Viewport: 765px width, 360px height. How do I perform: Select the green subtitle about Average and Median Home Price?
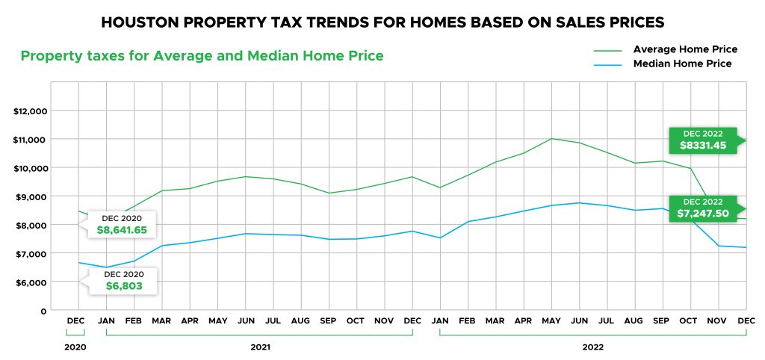[202, 56]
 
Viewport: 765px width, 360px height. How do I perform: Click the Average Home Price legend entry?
[685, 49]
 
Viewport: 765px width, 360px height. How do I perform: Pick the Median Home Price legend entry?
[682, 64]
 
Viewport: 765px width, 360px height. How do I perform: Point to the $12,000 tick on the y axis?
[31, 111]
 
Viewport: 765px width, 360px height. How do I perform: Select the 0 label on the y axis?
[44, 311]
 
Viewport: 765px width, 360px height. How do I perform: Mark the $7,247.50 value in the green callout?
[701, 214]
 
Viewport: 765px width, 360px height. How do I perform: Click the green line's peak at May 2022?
[551, 138]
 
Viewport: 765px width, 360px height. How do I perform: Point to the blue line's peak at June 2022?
[579, 202]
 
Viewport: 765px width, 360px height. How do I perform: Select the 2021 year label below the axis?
[259, 347]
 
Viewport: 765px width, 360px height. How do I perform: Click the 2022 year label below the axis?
[592, 347]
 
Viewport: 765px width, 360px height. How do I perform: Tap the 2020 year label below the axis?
[75, 347]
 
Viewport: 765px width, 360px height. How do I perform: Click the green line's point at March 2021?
[162, 190]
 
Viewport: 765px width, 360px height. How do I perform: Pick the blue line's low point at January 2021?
[107, 267]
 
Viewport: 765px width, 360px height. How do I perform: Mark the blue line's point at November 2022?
[718, 246]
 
